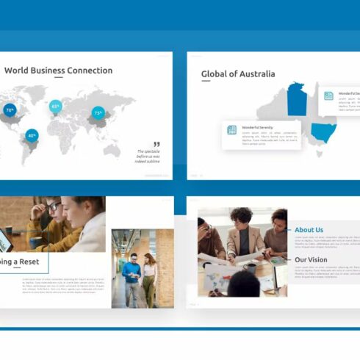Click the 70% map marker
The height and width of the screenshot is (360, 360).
point(10,110)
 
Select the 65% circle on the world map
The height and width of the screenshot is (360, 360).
point(56,106)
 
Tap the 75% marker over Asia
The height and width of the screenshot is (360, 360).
point(98,113)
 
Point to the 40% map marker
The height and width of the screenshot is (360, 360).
point(32,135)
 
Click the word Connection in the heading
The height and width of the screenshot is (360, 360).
point(90,71)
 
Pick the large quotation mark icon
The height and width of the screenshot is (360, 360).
point(156,144)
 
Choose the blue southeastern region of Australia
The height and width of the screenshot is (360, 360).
point(323,133)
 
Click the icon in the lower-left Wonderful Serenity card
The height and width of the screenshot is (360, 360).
point(232,129)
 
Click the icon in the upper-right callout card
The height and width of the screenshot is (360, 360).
point(329,96)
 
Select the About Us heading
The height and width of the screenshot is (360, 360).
point(309,230)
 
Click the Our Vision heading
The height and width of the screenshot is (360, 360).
point(311,259)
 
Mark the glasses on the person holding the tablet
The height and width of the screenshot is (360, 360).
point(54,207)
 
